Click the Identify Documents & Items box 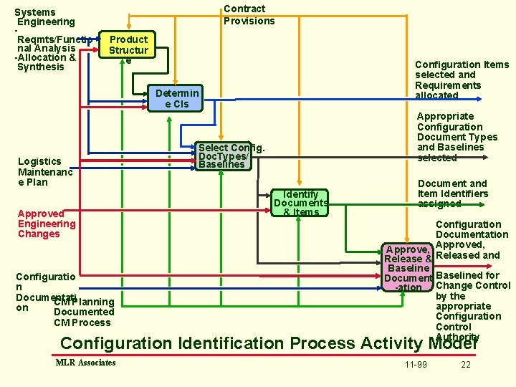tap(301, 203)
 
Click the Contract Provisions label tap(249, 15)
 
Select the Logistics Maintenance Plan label tap(44, 171)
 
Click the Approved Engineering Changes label tap(47, 224)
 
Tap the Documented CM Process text tap(83, 312)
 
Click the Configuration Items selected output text tap(462, 80)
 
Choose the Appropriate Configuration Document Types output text tap(457, 137)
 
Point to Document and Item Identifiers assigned tap(452, 193)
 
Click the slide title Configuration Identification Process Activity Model tap(269, 343)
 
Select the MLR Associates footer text tap(85, 363)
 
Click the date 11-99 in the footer tap(416, 365)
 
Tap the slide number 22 tap(466, 365)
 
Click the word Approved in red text tap(41, 214)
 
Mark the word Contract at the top tap(244, 9)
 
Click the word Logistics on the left tap(39, 161)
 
